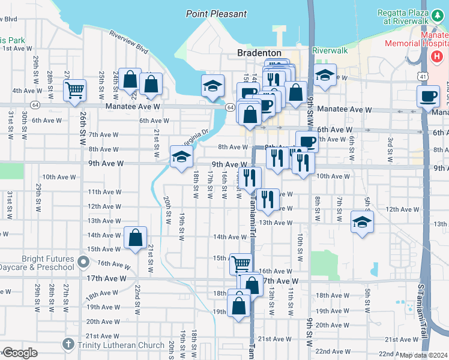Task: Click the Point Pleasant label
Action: tap(216, 14)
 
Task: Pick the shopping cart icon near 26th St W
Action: tap(75, 91)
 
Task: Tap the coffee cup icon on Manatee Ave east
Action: tap(428, 97)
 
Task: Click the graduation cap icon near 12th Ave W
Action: tap(362, 222)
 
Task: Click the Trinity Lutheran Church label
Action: tap(121, 345)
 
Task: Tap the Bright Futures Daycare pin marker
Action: tap(84, 262)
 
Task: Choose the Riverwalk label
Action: tap(330, 50)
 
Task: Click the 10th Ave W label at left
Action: tap(57, 177)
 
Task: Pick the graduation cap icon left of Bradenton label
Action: tap(212, 86)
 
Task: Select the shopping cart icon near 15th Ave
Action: tap(241, 263)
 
